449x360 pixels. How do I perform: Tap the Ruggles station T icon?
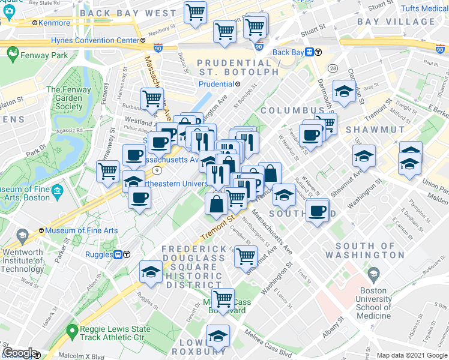click(x=119, y=254)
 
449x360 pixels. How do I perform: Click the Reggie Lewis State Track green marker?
click(x=73, y=329)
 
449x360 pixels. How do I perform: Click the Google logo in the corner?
click(x=19, y=353)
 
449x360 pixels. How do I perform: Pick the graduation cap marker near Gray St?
click(x=343, y=92)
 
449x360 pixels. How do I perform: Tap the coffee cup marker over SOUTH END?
click(x=316, y=211)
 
